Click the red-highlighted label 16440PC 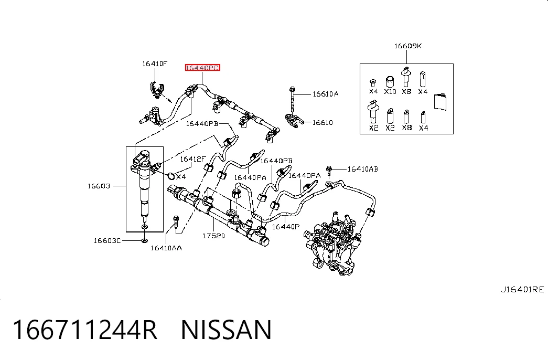click(x=203, y=68)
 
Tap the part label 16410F click(x=155, y=63)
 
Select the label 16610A click(x=325, y=94)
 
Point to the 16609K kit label click(x=407, y=46)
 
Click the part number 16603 click(x=99, y=186)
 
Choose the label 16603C click(x=108, y=240)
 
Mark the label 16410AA click(x=166, y=248)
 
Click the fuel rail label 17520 click(x=213, y=236)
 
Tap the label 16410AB click(x=363, y=169)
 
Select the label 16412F click(x=193, y=159)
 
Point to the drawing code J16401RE click(x=522, y=289)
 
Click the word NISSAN click(x=226, y=330)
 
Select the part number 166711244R click(x=85, y=330)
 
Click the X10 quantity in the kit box click(x=390, y=91)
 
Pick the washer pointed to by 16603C click(x=144, y=240)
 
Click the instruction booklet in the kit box click(x=440, y=101)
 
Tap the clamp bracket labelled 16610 click(x=294, y=120)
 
